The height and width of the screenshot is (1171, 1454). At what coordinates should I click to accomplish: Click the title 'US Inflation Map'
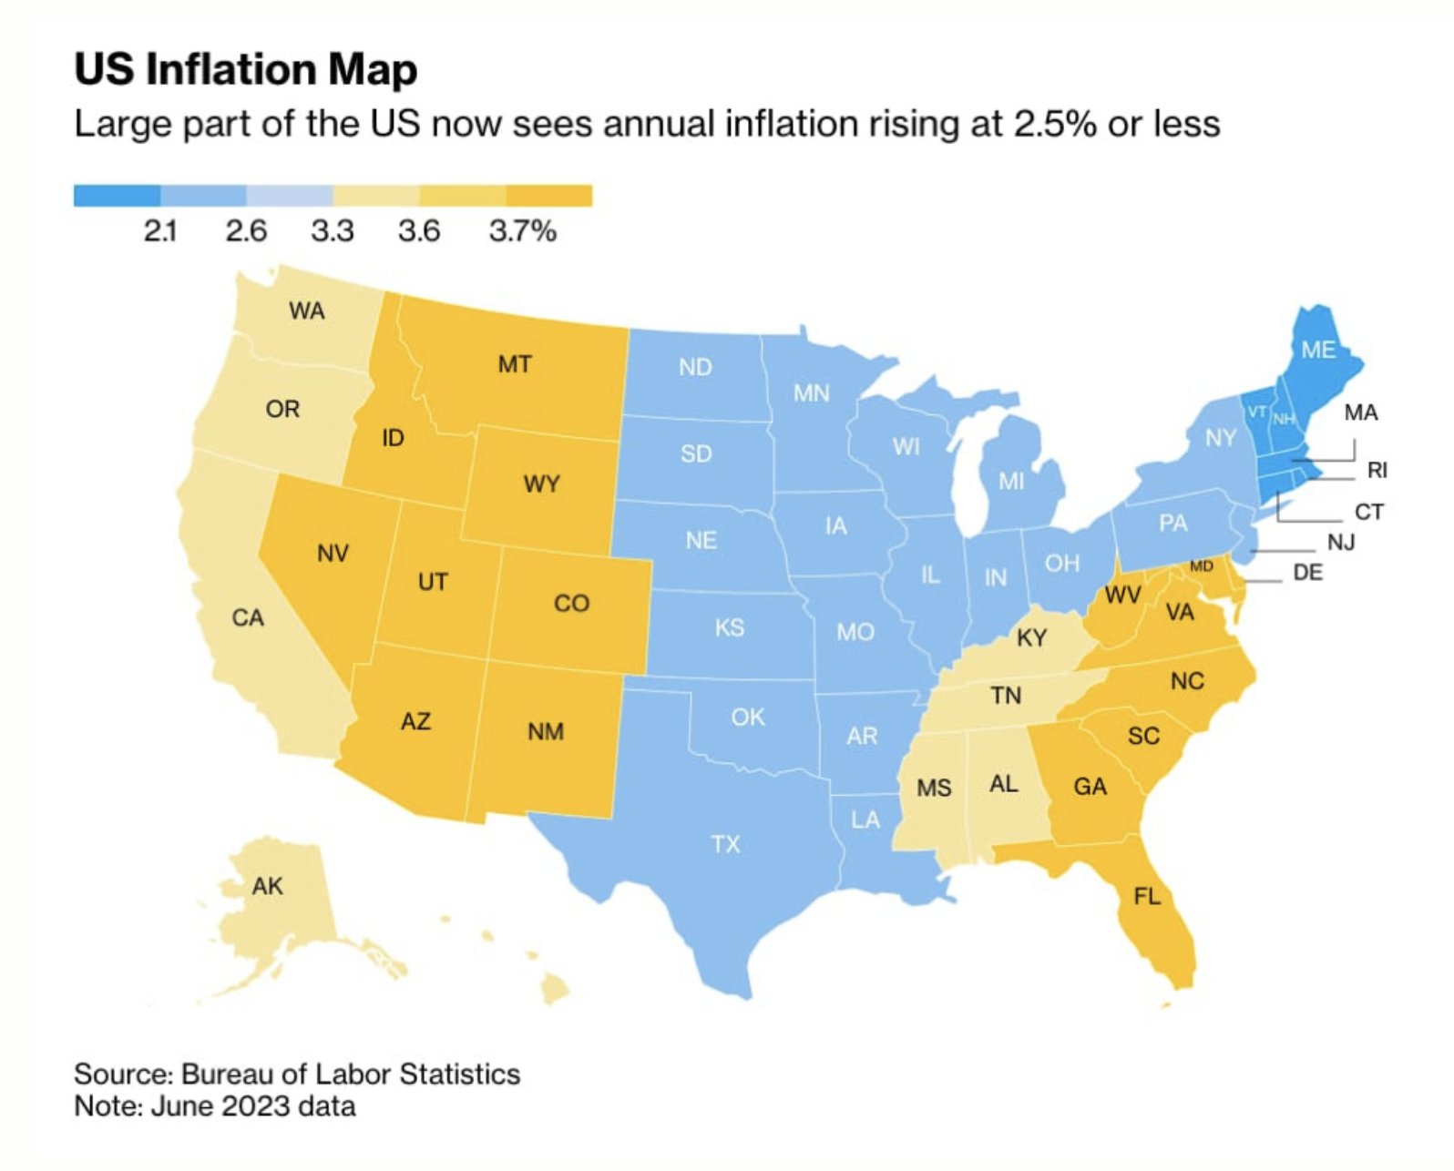[x=245, y=69]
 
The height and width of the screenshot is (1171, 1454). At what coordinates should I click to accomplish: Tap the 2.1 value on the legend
[x=160, y=230]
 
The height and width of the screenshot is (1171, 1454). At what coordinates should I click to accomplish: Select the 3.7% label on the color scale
[x=522, y=230]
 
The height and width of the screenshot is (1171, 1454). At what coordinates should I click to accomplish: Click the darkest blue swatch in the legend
[x=117, y=196]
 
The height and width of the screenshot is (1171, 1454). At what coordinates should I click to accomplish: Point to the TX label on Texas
[x=725, y=844]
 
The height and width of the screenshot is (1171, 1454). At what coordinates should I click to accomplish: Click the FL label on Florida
[x=1147, y=896]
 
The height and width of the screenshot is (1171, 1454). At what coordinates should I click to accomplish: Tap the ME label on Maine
[x=1317, y=350]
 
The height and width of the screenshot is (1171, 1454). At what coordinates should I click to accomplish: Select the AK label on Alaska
[x=267, y=886]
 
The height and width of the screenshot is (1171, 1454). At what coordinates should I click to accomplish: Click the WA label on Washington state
[x=307, y=311]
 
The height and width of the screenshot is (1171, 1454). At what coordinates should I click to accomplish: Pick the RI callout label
[x=1377, y=470]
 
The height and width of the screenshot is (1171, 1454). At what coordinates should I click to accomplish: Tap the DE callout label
[x=1307, y=573]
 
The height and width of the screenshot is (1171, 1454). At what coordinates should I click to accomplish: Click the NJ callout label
[x=1340, y=543]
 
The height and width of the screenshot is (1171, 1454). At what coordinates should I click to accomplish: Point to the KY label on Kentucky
[x=1031, y=637]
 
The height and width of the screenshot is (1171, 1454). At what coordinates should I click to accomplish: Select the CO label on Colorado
[x=571, y=603]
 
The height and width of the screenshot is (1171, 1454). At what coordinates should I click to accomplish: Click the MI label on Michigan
[x=1010, y=481]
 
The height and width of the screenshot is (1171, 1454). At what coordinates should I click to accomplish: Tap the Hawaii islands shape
[x=552, y=987]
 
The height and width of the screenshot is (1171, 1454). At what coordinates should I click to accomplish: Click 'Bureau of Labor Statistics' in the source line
[x=351, y=1074]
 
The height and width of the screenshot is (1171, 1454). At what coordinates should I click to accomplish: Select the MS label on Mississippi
[x=934, y=787]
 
